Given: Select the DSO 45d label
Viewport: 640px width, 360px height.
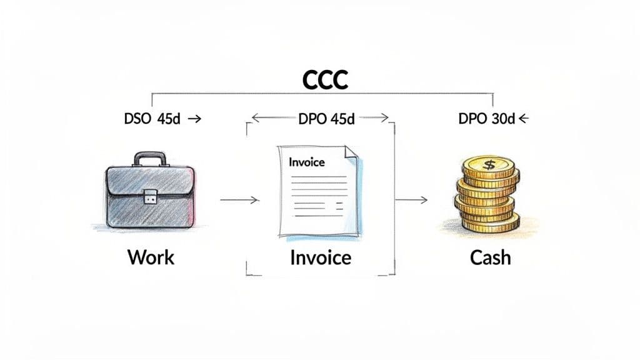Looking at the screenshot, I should coord(152,119).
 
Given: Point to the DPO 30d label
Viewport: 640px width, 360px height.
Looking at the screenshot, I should coord(486,119).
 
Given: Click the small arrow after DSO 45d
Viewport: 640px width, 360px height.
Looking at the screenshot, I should coord(194,119).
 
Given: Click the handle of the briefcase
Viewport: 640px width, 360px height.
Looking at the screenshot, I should coord(150,159).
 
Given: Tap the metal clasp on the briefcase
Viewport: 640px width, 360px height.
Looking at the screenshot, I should coord(150,197).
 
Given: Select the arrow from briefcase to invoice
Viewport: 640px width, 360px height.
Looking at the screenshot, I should coord(240,200).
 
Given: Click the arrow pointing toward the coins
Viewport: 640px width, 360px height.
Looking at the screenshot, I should coord(413,200).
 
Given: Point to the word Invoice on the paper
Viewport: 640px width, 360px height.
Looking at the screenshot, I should coord(307,162).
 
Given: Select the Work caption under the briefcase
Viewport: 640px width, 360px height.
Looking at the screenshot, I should coord(151,257).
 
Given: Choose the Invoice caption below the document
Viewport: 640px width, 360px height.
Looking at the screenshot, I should coord(321,257).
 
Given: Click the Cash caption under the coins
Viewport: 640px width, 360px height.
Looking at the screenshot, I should coord(490,257).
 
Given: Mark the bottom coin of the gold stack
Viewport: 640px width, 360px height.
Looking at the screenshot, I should coord(491,222).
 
